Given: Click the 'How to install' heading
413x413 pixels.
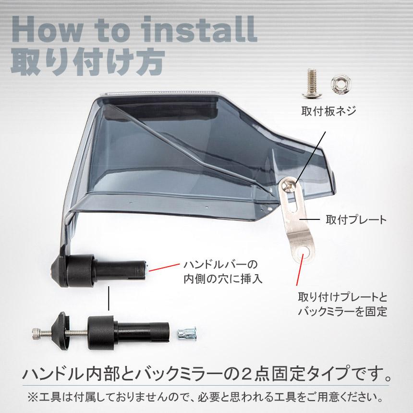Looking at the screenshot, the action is pyautogui.click(x=134, y=29).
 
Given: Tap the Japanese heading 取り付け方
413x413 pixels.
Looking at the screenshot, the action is pyautogui.click(x=88, y=63).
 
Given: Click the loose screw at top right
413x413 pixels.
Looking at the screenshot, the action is pyautogui.click(x=312, y=84).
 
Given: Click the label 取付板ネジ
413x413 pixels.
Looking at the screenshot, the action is pyautogui.click(x=328, y=111).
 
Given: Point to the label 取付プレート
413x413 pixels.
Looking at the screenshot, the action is pyautogui.click(x=356, y=219).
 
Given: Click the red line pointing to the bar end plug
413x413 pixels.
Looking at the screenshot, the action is pyautogui.click(x=164, y=267).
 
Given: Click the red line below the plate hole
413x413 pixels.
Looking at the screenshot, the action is pyautogui.click(x=300, y=269).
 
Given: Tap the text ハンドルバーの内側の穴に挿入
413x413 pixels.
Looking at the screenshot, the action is pyautogui.click(x=223, y=271).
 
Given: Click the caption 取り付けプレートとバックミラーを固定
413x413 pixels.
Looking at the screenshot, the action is pyautogui.click(x=343, y=304).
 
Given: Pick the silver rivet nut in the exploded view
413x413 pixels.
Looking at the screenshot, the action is pyautogui.click(x=187, y=333).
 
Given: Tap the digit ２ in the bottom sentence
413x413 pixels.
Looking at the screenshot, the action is pyautogui.click(x=245, y=374).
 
